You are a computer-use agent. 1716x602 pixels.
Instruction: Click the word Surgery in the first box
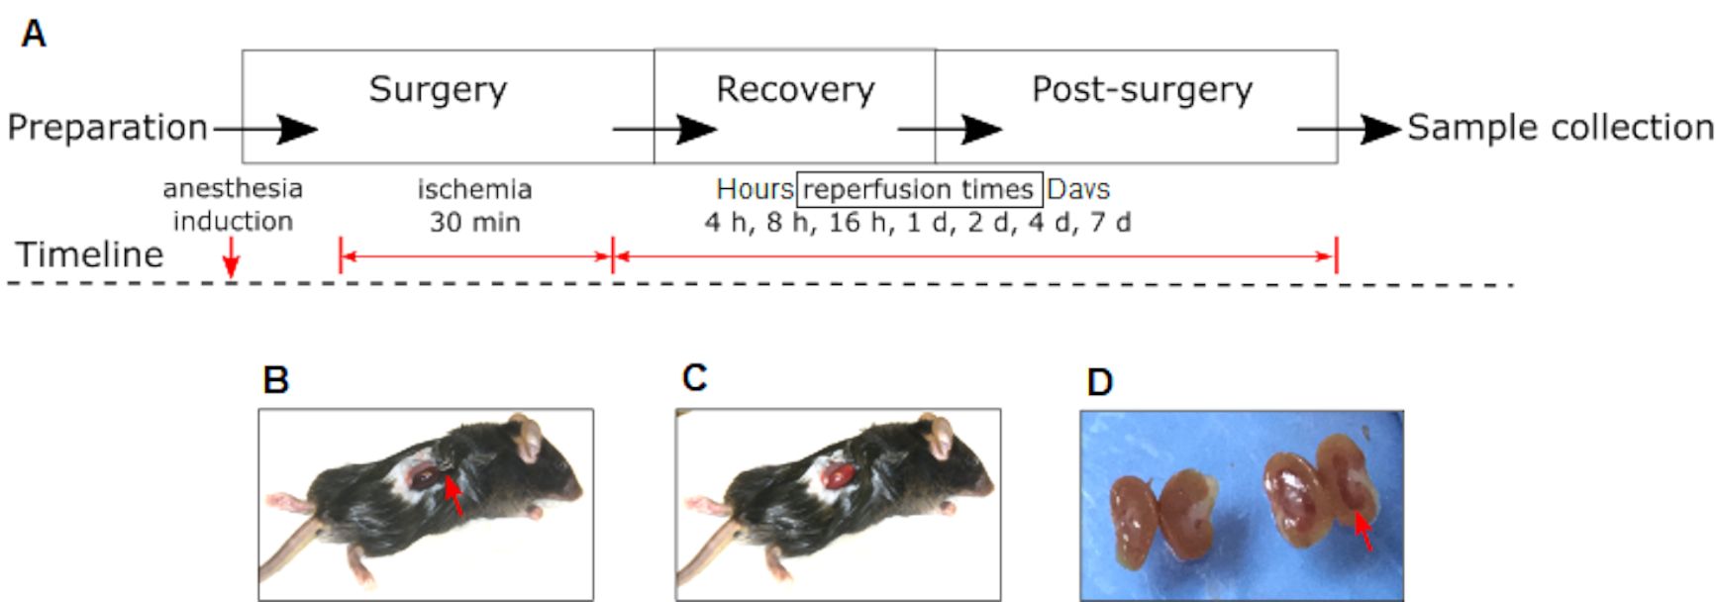(x=438, y=90)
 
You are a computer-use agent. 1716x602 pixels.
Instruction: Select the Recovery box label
(x=795, y=90)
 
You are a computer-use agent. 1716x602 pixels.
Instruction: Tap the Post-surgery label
(x=1142, y=90)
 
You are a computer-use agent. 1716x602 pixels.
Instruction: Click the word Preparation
(x=107, y=128)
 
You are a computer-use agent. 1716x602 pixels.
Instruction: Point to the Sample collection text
(x=1560, y=128)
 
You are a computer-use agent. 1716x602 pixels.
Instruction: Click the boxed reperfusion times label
(x=919, y=188)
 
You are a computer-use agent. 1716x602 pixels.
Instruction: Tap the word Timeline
(x=89, y=254)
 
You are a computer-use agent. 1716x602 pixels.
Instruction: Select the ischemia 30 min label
(x=474, y=205)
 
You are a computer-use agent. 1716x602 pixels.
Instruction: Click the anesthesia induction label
(x=233, y=204)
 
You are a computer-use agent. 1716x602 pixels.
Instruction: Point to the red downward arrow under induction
(x=231, y=263)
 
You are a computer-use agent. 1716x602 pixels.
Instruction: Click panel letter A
(x=34, y=35)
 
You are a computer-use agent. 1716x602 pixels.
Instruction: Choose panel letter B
(x=275, y=380)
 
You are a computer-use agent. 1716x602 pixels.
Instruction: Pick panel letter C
(x=694, y=378)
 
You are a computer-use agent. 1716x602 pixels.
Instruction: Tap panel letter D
(x=1099, y=382)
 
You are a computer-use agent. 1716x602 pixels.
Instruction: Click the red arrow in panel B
(x=454, y=495)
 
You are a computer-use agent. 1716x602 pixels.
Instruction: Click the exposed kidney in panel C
(x=841, y=475)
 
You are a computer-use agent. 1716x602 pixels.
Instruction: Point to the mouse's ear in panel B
(x=528, y=438)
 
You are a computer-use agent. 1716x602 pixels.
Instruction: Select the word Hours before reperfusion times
(x=755, y=188)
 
